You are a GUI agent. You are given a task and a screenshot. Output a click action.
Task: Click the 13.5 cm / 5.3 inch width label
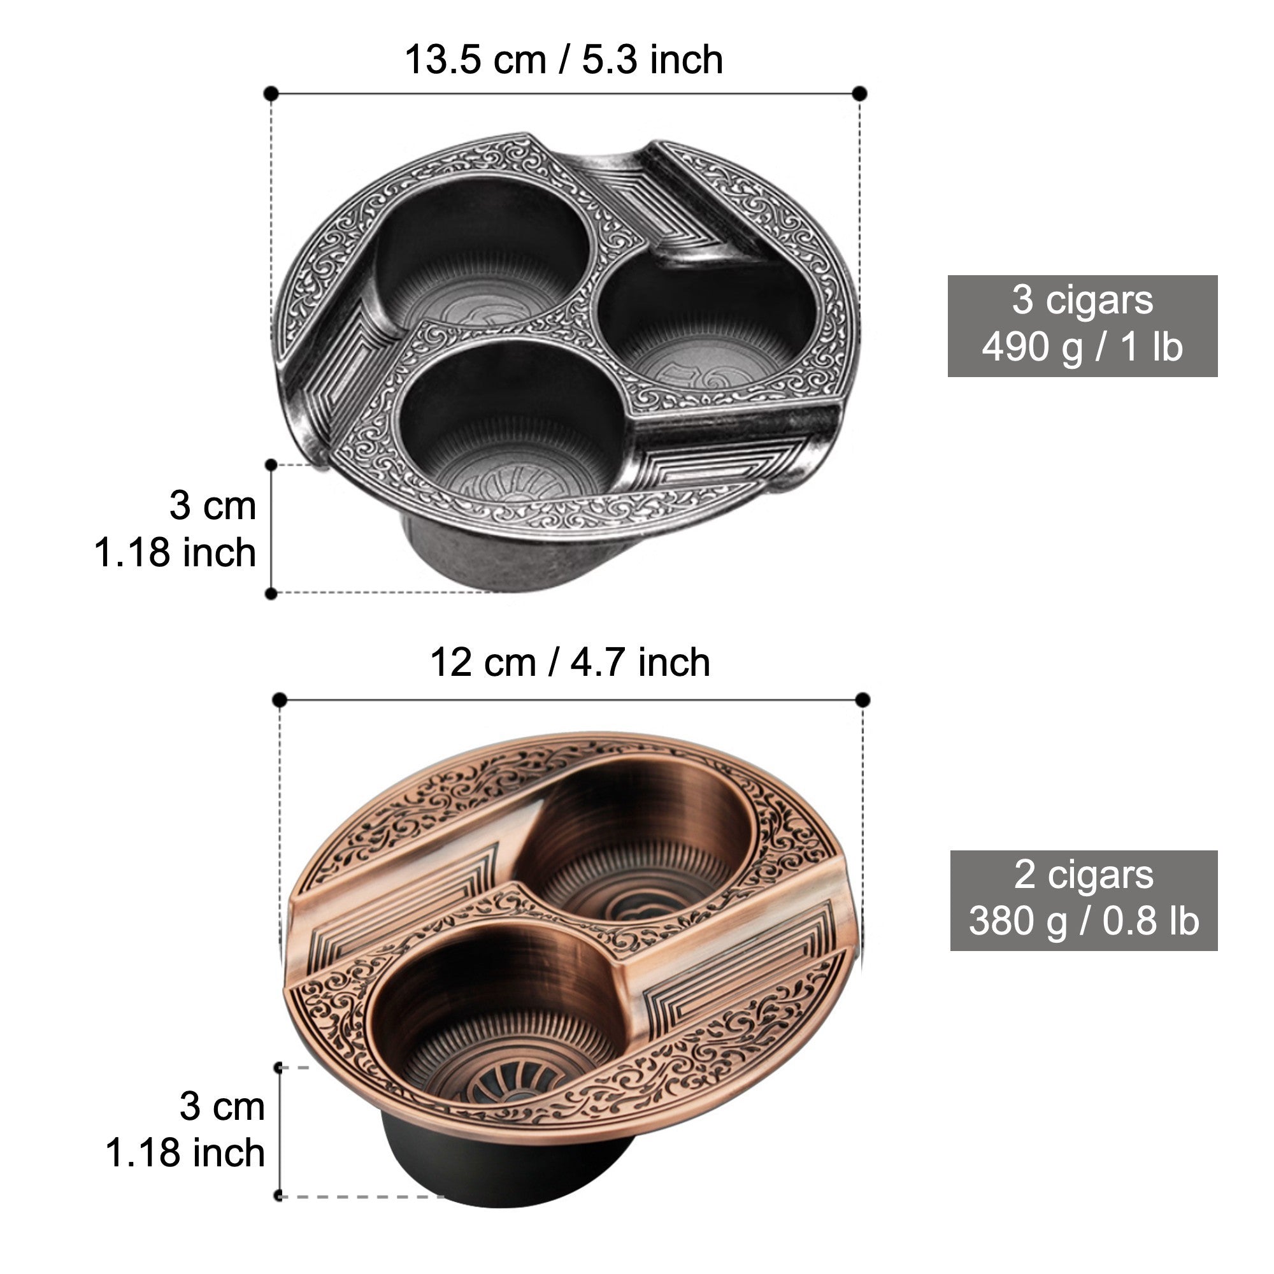click(x=564, y=60)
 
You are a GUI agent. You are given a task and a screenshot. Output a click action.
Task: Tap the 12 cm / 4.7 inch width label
click(x=570, y=662)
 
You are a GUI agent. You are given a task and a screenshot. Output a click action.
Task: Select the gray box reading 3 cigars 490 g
click(x=1083, y=326)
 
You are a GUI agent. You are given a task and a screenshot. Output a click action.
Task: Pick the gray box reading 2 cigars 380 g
click(x=1084, y=900)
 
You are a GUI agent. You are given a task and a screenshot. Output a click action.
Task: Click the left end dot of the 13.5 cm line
click(x=270, y=94)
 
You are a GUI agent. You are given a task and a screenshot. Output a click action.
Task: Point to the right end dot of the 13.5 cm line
click(x=859, y=94)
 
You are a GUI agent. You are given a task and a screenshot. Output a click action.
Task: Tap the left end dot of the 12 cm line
click(x=280, y=699)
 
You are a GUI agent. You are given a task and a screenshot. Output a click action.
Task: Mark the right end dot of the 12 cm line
click(x=862, y=699)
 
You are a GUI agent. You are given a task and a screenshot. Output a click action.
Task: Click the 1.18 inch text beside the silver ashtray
click(x=175, y=552)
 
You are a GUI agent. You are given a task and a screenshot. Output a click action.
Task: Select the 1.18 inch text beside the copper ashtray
click(x=185, y=1153)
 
